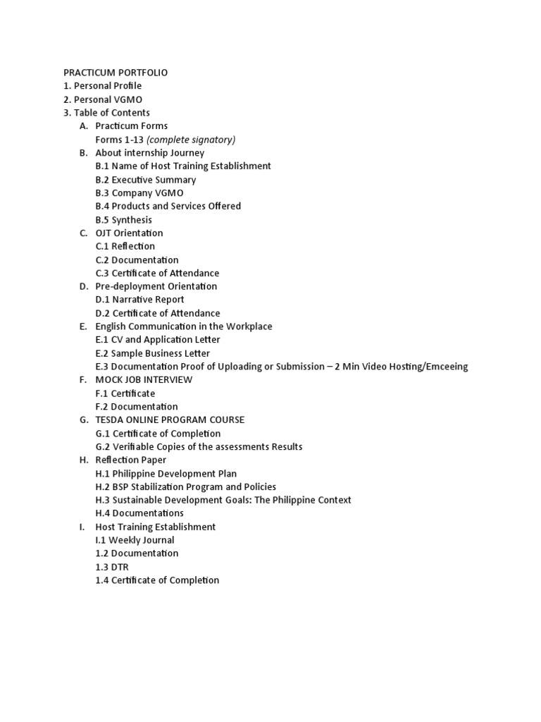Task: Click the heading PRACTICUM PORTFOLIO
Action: pyautogui.click(x=116, y=73)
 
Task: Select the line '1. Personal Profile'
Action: pyautogui.click(x=103, y=86)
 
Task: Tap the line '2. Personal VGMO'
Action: pyautogui.click(x=103, y=99)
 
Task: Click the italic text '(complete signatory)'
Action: pyautogui.click(x=191, y=140)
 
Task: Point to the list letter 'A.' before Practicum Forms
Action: pyautogui.click(x=84, y=126)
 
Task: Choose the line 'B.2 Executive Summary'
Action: pyautogui.click(x=146, y=180)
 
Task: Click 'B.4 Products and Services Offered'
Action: pyautogui.click(x=168, y=206)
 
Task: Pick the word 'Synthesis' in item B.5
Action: pyautogui.click(x=132, y=220)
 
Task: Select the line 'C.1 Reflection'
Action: pyautogui.click(x=125, y=246)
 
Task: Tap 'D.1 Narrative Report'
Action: pyautogui.click(x=140, y=300)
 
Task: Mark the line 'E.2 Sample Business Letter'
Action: pyautogui.click(x=153, y=353)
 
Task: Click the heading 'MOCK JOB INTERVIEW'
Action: pyautogui.click(x=144, y=379)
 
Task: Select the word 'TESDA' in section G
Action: pyautogui.click(x=111, y=420)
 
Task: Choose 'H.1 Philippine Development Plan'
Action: pyautogui.click(x=166, y=474)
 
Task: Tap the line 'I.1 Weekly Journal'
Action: pyautogui.click(x=135, y=540)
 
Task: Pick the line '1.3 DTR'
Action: pyautogui.click(x=113, y=567)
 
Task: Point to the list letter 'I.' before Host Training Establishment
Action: pyautogui.click(x=82, y=527)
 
